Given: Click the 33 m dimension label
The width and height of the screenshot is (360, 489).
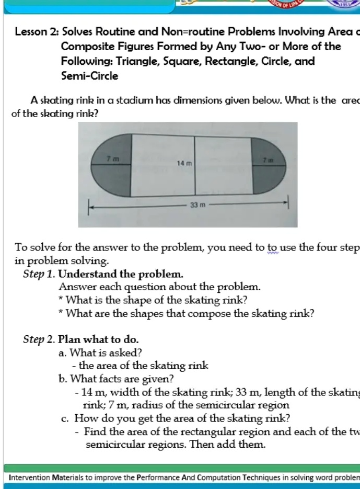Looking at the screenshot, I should [x=196, y=206].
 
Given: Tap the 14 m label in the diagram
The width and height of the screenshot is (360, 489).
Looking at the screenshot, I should [x=183, y=163].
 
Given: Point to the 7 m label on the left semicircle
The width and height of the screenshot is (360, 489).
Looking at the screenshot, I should [x=112, y=158].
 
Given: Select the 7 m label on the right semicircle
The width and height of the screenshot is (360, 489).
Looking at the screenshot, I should [x=268, y=158].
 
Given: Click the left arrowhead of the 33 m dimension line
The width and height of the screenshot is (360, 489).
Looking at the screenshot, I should [x=90, y=206].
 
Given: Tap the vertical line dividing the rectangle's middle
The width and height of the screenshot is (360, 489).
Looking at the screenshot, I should [x=194, y=166].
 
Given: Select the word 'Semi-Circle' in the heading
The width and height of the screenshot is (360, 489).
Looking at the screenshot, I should [x=89, y=76].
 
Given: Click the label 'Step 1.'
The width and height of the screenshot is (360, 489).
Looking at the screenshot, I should [x=40, y=274].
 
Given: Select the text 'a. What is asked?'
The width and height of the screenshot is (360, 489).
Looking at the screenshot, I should [x=100, y=352].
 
